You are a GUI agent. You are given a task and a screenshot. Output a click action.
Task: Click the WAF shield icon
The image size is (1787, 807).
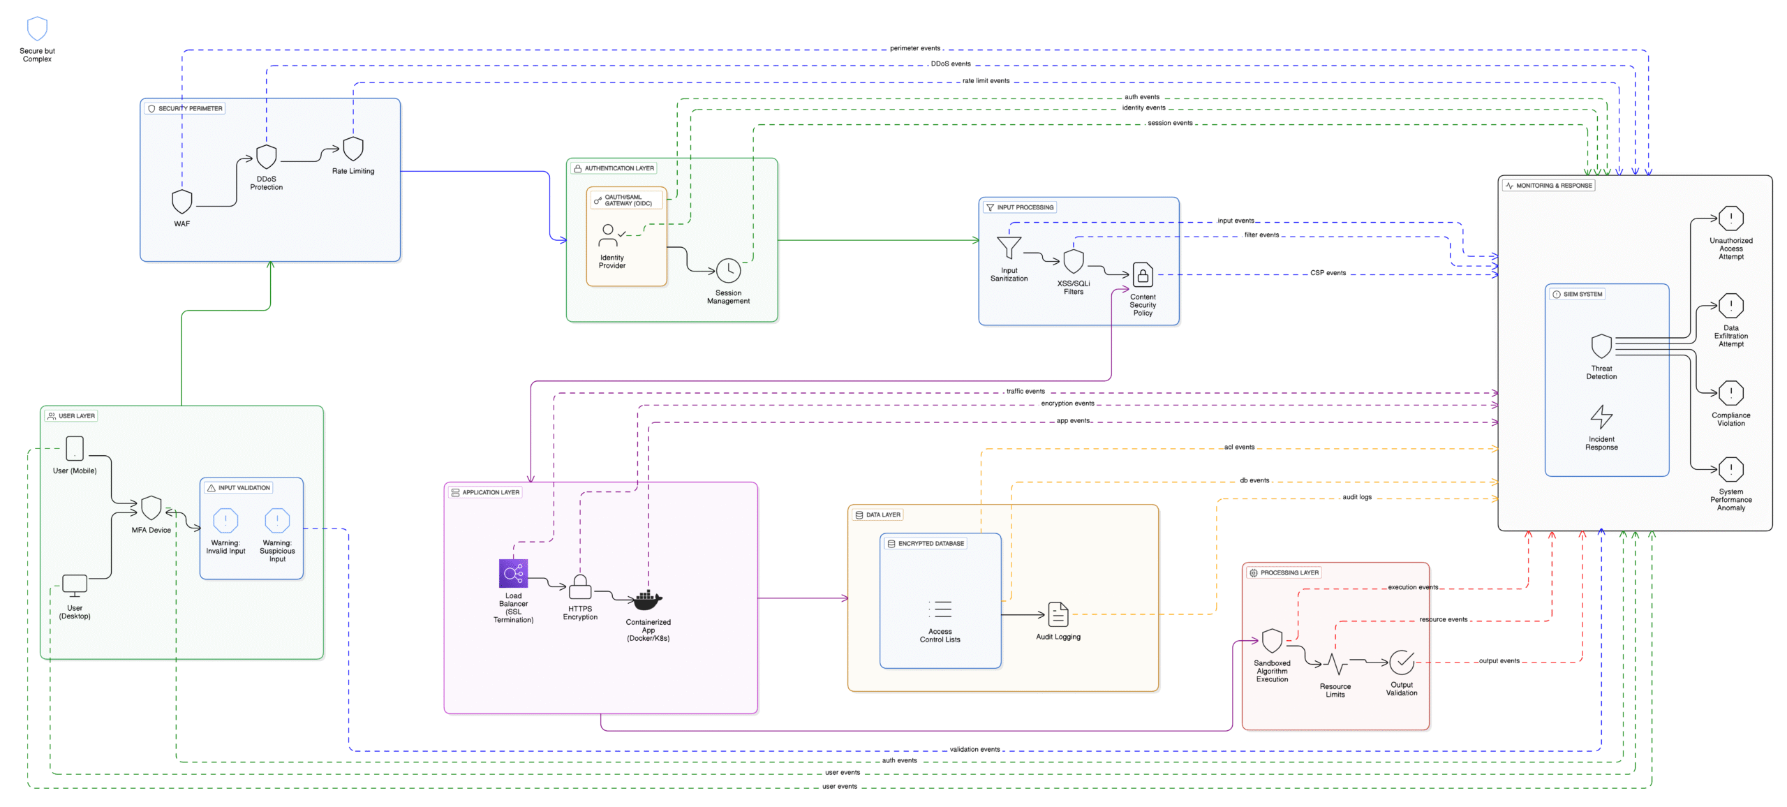point(181,201)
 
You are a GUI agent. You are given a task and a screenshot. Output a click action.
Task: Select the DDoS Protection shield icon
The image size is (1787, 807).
point(266,156)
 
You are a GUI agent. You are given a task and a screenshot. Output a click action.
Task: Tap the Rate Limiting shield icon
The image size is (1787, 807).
point(353,149)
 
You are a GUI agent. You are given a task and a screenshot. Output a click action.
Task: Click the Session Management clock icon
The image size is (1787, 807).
point(728,270)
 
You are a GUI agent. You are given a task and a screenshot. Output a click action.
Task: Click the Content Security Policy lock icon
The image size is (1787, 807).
point(1143,274)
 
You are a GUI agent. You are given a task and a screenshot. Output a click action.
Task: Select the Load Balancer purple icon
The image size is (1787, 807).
point(513,573)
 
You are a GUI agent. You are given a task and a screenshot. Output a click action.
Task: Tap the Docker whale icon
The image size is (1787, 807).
point(648,600)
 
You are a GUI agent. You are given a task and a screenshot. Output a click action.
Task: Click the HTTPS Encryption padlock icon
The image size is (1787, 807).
point(580,586)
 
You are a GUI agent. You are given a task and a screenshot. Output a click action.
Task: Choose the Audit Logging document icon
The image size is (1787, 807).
point(1058,614)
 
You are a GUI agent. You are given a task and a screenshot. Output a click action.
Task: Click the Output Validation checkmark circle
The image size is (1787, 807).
point(1402,662)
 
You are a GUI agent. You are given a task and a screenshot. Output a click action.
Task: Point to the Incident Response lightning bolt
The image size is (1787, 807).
point(1601,417)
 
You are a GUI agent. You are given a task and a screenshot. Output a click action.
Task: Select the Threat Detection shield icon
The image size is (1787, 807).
point(1601,346)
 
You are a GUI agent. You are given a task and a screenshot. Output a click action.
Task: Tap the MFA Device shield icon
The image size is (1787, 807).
point(151,508)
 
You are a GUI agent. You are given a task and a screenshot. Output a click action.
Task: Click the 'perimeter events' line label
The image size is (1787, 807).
point(915,48)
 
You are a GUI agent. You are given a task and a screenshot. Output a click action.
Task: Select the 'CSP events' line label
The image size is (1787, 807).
point(1328,273)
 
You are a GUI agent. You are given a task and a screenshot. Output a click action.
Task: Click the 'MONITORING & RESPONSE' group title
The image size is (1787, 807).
point(1554,186)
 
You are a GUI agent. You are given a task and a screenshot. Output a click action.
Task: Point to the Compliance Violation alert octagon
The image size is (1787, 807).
point(1731,393)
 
